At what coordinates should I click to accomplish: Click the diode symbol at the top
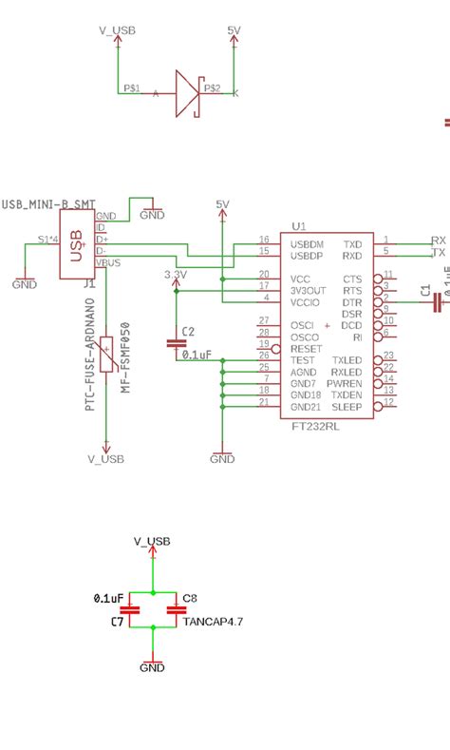point(187,93)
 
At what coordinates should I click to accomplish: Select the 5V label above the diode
point(235,31)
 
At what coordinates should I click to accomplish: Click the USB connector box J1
point(77,244)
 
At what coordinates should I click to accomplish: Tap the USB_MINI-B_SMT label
point(47,204)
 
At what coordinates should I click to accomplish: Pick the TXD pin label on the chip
point(352,242)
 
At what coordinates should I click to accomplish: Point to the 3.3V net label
point(176,274)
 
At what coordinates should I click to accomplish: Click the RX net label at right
point(438,240)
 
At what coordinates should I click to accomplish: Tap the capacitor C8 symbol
point(176,610)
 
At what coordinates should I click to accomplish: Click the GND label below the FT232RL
point(222,459)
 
